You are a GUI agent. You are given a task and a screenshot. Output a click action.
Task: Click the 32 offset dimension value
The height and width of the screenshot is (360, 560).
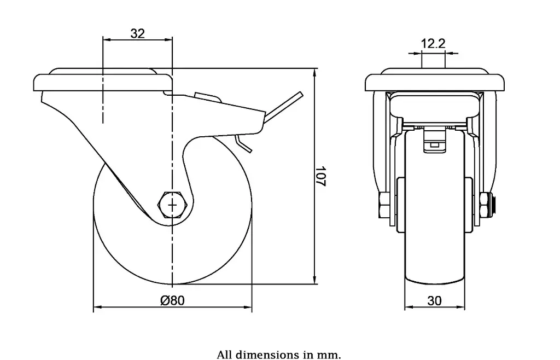[x=138, y=33]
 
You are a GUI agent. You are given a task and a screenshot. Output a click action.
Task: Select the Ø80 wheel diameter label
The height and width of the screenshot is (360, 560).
[x=172, y=300]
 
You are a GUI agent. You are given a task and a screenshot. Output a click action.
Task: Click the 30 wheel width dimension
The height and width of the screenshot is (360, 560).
[x=434, y=300]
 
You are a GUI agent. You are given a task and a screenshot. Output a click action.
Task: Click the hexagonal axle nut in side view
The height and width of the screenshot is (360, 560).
[x=173, y=205]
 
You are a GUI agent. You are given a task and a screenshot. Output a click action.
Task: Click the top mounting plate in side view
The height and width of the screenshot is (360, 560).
[x=101, y=82]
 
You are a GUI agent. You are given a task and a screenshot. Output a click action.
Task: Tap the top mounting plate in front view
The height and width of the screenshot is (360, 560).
[x=434, y=82]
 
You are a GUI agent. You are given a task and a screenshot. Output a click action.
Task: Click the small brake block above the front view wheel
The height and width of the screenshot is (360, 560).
[x=434, y=139]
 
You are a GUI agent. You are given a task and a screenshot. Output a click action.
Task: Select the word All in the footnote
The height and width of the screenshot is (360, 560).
[x=225, y=355]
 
